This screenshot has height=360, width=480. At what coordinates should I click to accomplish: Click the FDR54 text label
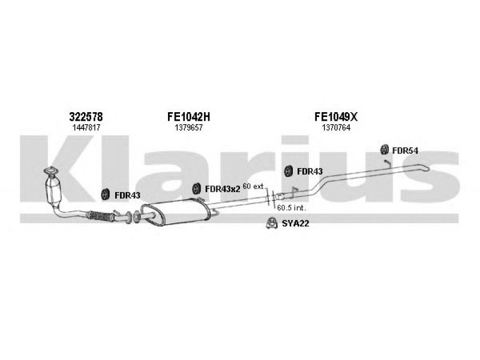pyautogui.click(x=405, y=150)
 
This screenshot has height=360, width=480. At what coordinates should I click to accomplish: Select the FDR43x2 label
pyautogui.click(x=223, y=189)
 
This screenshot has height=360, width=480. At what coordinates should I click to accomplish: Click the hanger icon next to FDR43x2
pyautogui.click(x=197, y=189)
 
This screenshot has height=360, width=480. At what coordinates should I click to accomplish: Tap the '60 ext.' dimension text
pyautogui.click(x=254, y=187)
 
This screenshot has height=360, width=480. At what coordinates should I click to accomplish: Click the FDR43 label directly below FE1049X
pyautogui.click(x=310, y=172)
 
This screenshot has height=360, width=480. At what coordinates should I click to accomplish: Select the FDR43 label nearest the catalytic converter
pyautogui.click(x=127, y=194)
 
